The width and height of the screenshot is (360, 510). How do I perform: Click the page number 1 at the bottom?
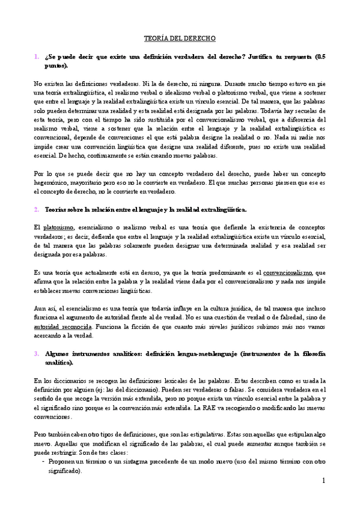[x=323, y=481]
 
